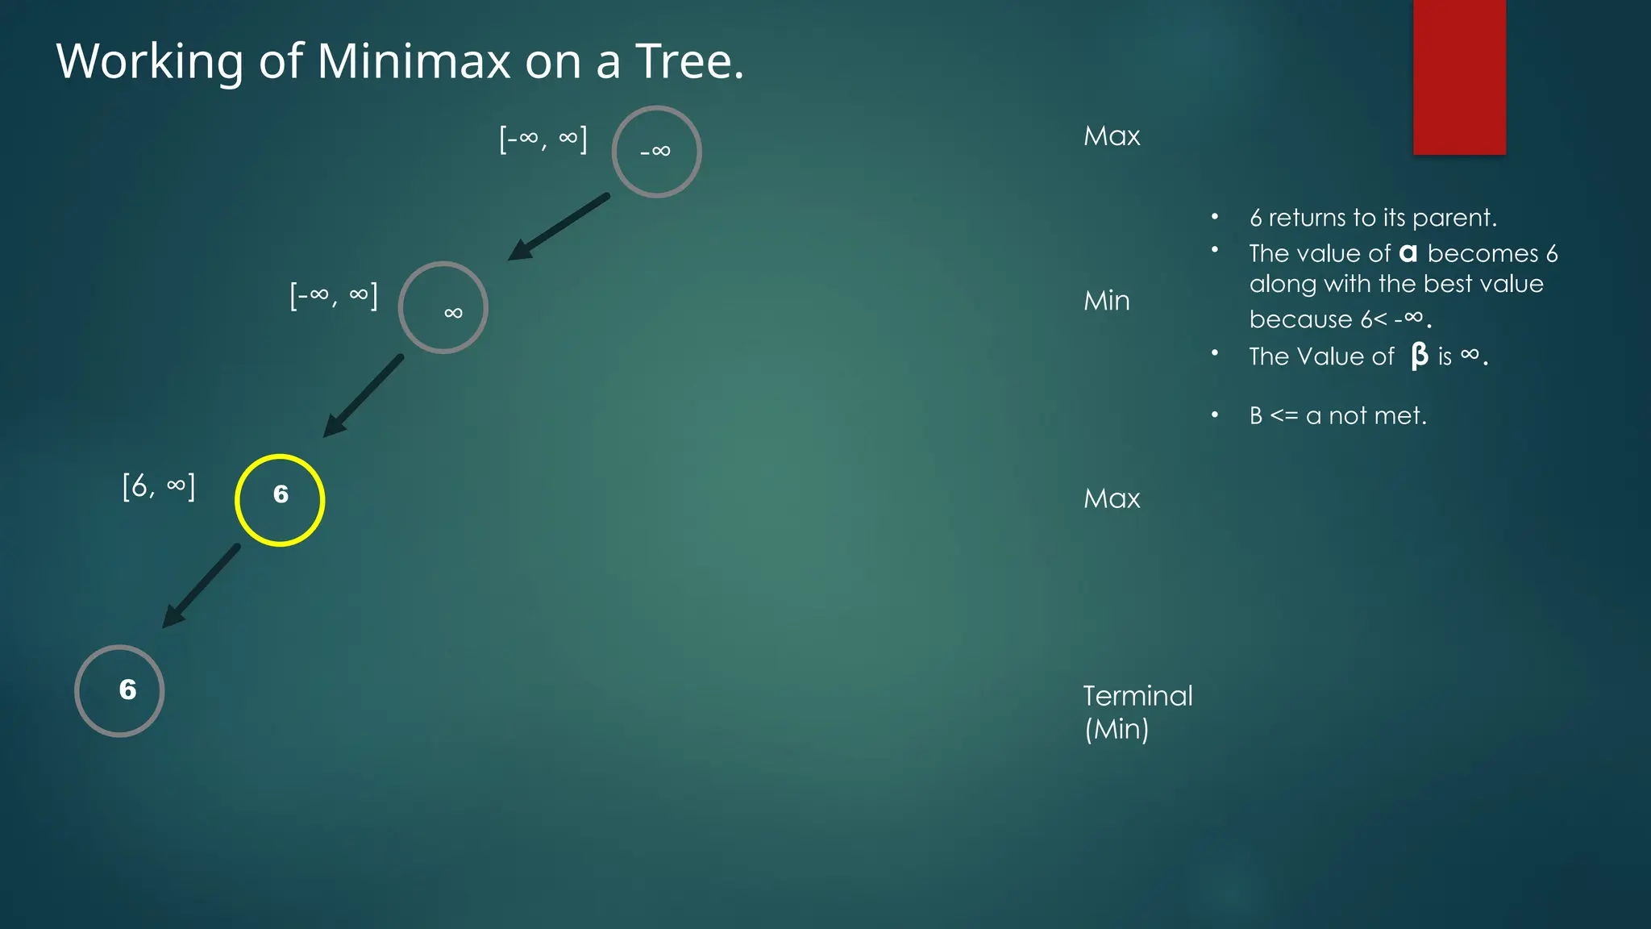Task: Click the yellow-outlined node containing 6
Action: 280,500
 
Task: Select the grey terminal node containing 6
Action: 119,691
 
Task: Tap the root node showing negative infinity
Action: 656,152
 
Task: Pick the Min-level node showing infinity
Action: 443,307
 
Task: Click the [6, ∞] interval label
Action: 159,486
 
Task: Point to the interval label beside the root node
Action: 543,139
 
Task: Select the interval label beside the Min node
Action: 334,296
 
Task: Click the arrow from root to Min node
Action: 558,227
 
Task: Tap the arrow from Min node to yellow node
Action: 363,395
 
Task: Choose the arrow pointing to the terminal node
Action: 202,585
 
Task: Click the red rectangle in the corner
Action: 1459,77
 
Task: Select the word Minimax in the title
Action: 414,61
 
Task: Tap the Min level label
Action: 1106,301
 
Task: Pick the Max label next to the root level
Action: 1112,135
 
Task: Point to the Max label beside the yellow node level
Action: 1112,498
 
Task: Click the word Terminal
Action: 1137,696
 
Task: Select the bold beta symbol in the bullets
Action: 1419,356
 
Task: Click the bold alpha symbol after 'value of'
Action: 1408,253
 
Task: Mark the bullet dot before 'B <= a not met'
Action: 1215,415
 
